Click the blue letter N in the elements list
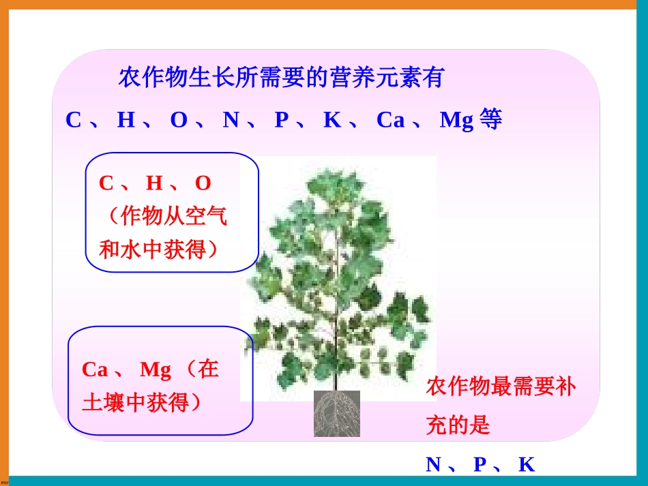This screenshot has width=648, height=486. pos(231,121)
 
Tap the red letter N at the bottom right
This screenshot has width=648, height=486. pos(434,465)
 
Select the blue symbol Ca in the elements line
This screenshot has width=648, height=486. pos(390,121)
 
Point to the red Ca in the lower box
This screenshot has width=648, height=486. pos(95,370)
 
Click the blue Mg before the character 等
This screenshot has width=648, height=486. pos(456,121)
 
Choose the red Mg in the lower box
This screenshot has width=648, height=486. pos(155,370)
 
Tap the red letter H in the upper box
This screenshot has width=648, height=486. pos(154,183)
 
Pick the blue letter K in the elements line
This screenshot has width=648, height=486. pos(332,121)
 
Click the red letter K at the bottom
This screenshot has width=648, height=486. pos(526,465)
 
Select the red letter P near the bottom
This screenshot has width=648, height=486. pos(480,465)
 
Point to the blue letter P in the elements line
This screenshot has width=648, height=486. pos(282,121)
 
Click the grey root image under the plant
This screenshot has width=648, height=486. pos(336,414)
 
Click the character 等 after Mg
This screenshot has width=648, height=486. pos(490,120)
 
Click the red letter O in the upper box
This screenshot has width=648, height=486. pos(203,183)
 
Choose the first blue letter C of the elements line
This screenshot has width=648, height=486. pos(73,121)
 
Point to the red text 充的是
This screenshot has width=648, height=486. pos(458,426)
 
